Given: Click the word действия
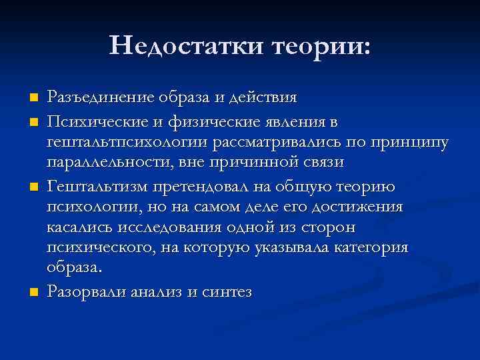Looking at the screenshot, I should pos(263,97).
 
